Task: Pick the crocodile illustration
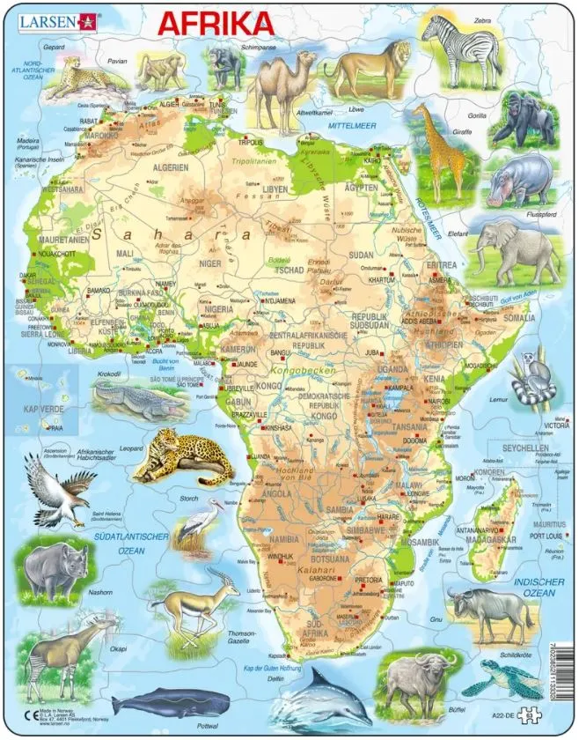click(x=131, y=396)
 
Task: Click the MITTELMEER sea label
click(x=349, y=126)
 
